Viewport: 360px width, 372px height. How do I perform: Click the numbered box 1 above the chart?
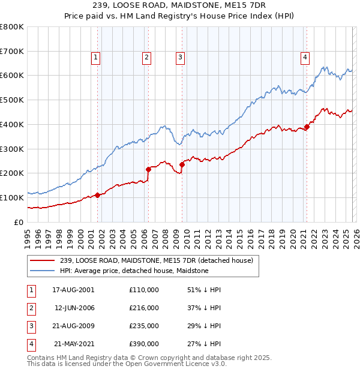point(96,58)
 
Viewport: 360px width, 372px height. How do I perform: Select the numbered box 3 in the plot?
point(180,58)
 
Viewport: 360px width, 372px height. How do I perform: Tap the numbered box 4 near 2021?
point(305,58)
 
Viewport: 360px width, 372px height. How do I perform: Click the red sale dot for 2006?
point(148,169)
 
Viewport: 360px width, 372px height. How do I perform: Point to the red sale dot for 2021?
point(307,127)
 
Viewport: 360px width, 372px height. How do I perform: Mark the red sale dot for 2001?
point(97,195)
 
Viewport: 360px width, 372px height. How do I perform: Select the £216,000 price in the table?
point(144,308)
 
